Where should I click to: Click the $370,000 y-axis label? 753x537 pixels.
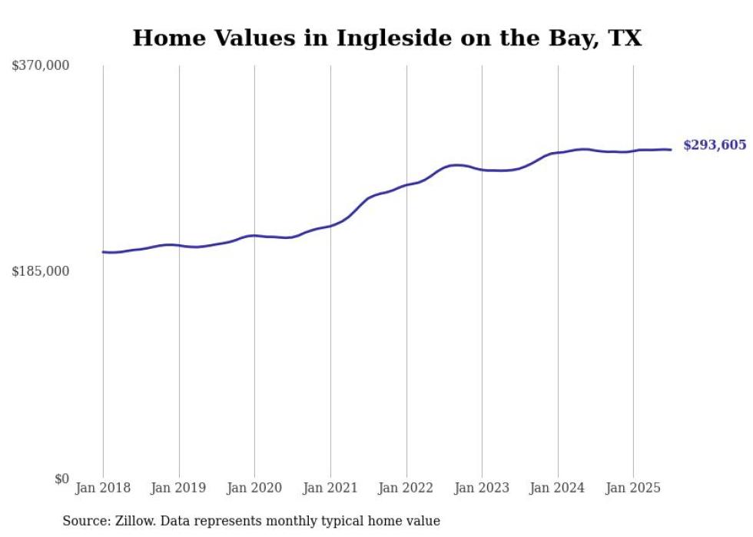coord(41,66)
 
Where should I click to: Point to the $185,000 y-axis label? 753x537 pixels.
coord(41,271)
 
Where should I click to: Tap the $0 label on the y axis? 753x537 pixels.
coord(61,479)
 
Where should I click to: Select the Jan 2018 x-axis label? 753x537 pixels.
coord(103,488)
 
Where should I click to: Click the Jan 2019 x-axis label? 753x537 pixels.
coord(179,488)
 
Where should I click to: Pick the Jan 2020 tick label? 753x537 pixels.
coord(254,488)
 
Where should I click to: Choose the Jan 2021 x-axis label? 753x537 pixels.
coord(330,488)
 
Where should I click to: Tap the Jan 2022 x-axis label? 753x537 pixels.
coord(406,488)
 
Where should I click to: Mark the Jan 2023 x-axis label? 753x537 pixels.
coord(482,488)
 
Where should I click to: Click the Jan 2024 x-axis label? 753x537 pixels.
coord(557,488)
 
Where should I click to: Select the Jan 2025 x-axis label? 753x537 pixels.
coord(633,488)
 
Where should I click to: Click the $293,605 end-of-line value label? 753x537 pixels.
coord(715,145)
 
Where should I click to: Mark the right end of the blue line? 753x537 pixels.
coord(671,150)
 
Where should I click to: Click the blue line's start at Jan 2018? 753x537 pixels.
coord(103,252)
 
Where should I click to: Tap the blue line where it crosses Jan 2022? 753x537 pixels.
coord(406,185)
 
